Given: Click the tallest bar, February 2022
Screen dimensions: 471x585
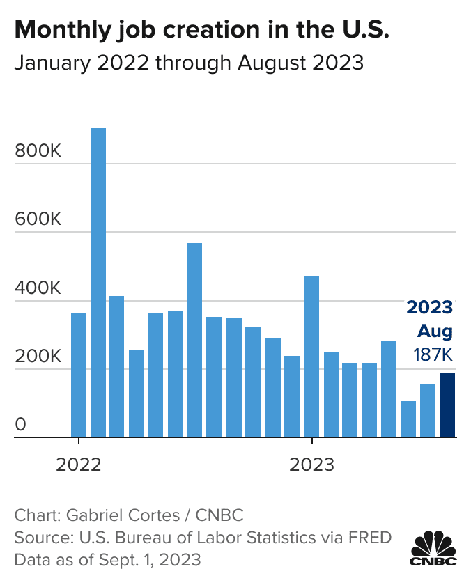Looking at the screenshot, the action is tap(98, 283).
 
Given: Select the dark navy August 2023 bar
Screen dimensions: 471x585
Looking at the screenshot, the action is tap(447, 405).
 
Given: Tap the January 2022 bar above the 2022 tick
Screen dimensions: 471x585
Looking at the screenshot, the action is tap(79, 375).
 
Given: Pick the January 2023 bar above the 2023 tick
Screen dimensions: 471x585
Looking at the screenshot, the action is tap(312, 357).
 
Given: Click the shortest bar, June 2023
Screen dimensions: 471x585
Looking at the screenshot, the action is tap(408, 419).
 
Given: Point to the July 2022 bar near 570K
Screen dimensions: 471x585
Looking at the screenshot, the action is tap(194, 340).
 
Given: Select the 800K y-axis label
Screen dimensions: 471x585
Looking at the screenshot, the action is tap(38, 151).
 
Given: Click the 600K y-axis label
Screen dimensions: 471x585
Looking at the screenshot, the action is tap(38, 219).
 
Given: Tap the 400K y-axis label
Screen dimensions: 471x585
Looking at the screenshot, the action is tap(38, 288).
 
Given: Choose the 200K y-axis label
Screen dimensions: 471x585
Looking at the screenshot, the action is tap(38, 357).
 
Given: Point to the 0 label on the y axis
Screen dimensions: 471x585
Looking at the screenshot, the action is tap(20, 425).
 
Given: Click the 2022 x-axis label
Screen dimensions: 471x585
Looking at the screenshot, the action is tap(78, 465).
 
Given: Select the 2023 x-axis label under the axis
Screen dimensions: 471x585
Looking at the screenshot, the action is tap(311, 465).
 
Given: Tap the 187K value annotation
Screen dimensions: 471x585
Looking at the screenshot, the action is tap(433, 354).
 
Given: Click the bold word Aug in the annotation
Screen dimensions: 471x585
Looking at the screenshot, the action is tap(435, 331).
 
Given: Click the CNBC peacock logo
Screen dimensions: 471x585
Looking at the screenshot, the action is tap(433, 548).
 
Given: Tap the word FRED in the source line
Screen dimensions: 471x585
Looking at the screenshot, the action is tap(370, 538).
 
